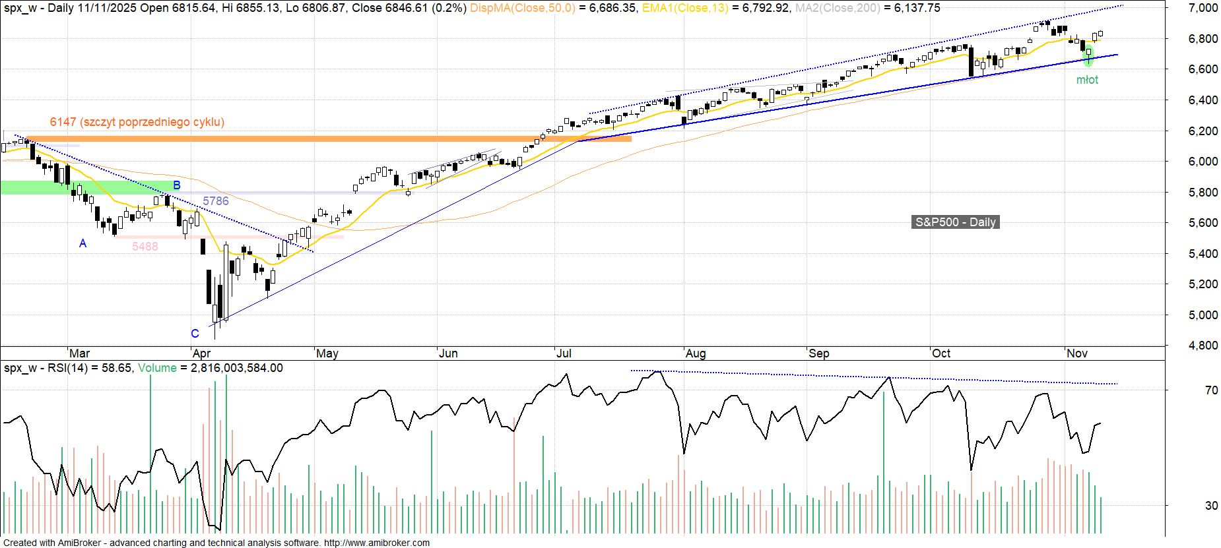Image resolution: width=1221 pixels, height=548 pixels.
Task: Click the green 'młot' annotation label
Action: point(1087,80)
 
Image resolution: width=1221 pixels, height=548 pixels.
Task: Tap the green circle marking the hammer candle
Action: point(1088,55)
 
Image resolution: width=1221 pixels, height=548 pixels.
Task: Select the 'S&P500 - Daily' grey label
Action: point(955,222)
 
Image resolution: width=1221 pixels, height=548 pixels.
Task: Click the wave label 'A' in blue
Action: point(82,243)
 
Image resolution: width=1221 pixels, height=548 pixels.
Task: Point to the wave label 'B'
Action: point(176,185)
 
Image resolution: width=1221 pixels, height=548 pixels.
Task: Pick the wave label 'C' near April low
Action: point(195,334)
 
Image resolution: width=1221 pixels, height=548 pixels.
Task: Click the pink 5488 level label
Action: point(145,247)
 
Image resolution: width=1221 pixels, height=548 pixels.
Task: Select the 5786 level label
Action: point(216,201)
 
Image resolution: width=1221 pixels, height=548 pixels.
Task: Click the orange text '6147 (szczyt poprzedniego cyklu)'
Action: point(137,122)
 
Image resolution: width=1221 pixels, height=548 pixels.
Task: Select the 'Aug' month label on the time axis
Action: point(696,353)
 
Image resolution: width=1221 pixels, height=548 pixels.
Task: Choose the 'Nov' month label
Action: point(1077,353)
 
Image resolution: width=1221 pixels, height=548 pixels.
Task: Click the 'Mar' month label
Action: point(80,353)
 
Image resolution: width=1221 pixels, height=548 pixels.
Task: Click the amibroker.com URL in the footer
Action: point(376,543)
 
